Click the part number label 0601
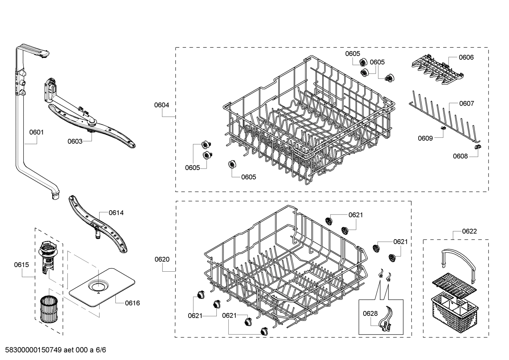[36, 132]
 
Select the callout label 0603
[75, 141]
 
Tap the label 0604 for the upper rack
[161, 105]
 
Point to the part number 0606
[466, 57]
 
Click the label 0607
[466, 104]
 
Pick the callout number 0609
[425, 138]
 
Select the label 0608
[460, 156]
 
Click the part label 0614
[116, 213]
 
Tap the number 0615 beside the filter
[22, 265]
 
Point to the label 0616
[132, 303]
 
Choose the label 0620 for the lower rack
[162, 259]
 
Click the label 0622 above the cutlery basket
[469, 231]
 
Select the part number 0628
[370, 313]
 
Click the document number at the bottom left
[53, 350]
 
